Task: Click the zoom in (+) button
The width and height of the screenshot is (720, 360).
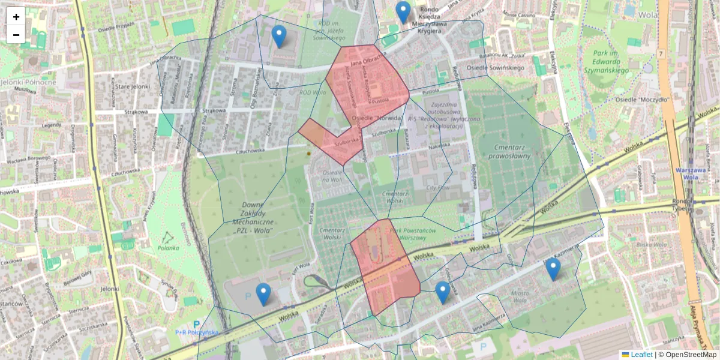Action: tap(16, 17)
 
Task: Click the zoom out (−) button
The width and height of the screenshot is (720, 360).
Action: tap(16, 35)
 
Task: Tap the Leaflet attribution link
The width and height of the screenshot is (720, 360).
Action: tap(641, 355)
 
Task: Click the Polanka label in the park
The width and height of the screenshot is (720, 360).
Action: tap(169, 247)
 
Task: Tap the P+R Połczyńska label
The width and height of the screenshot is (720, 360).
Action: tap(197, 332)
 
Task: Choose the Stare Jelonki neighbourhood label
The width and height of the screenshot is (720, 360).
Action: tap(132, 87)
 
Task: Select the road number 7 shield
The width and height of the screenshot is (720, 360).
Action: tap(661, 54)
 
